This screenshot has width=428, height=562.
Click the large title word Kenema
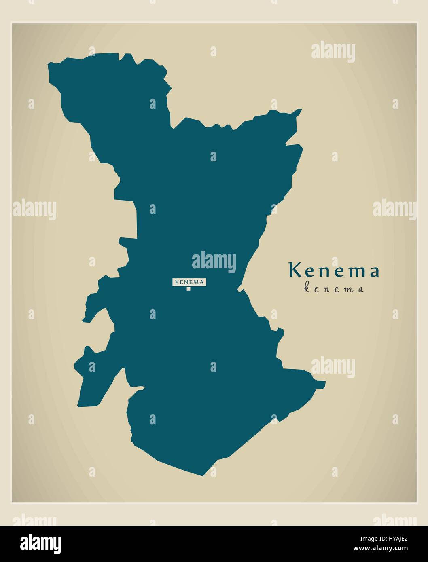click(334, 271)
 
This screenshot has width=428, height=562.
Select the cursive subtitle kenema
click(334, 289)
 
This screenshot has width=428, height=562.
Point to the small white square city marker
click(189, 289)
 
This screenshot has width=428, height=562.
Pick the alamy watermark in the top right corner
click(333, 53)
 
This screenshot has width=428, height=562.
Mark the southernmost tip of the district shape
click(203, 476)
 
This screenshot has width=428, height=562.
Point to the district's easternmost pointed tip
click(325, 382)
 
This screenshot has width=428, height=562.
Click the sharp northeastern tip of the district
click(301, 110)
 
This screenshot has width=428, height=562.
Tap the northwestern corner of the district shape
click(49, 64)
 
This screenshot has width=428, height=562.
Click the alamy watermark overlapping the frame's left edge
click(34, 210)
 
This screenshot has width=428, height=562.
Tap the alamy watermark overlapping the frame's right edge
click(394, 210)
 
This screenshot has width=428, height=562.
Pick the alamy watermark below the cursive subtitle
click(333, 367)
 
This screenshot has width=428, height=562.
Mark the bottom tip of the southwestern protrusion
click(79, 406)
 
